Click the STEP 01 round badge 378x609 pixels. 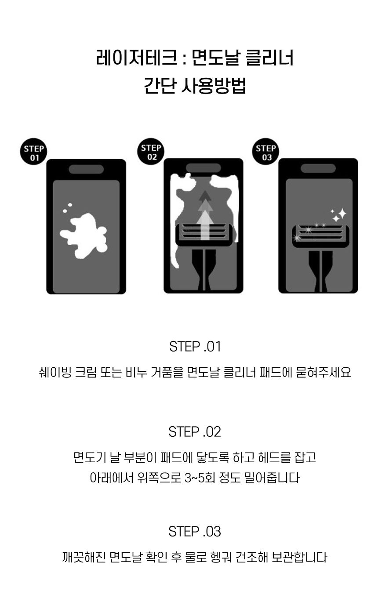[33, 152]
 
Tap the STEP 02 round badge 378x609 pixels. [151, 152]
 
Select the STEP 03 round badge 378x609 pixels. [265, 152]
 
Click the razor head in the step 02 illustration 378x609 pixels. [204, 234]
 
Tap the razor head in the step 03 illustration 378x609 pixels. [320, 236]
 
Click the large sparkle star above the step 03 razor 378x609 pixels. [342, 214]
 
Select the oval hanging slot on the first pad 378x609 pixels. [86, 169]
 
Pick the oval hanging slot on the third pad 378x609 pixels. [318, 168]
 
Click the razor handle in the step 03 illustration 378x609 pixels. [320, 272]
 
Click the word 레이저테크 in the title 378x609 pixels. [137, 58]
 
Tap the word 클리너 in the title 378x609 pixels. [269, 58]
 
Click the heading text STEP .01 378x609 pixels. [195, 347]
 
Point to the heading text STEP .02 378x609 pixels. [195, 432]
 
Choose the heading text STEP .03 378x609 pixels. [195, 532]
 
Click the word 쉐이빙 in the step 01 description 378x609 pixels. [55, 373]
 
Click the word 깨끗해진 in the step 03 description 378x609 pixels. [84, 557]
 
